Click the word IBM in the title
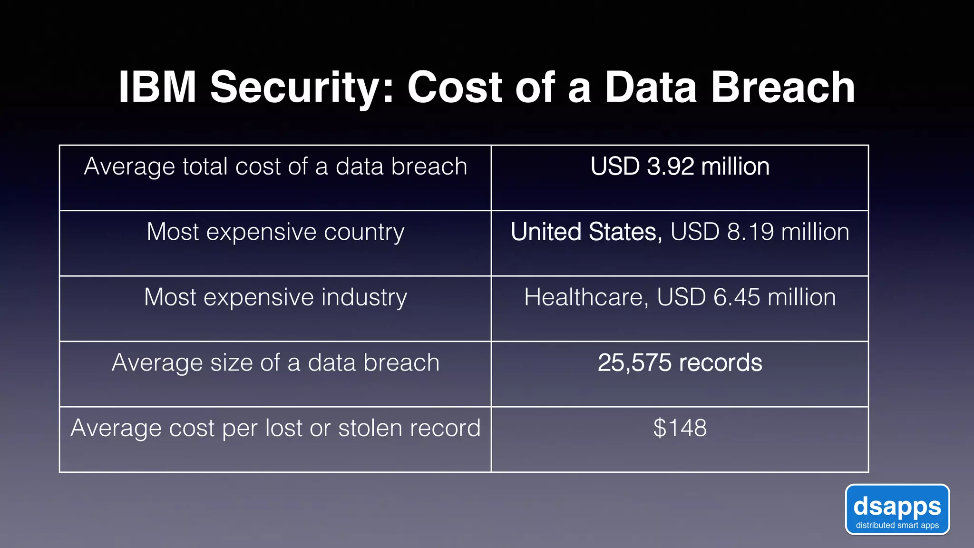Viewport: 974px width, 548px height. coord(157,87)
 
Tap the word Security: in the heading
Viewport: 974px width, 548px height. coord(302,88)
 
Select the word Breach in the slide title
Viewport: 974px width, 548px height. coord(782,87)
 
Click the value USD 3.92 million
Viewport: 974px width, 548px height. coord(680,166)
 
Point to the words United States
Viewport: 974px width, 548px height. coord(586,232)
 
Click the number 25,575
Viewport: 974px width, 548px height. coord(634,363)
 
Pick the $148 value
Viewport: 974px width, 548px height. coord(680,428)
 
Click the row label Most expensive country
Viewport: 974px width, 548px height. coord(275,232)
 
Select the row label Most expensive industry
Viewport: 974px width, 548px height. coord(275,297)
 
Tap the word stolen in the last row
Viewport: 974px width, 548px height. coord(369,428)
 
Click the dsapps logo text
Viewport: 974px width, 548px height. coord(897,507)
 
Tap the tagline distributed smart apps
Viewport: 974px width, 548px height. coord(897,525)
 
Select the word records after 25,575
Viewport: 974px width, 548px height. coord(721,363)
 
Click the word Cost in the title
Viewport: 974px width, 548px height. coord(455,87)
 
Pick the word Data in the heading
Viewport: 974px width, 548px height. coord(651,87)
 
